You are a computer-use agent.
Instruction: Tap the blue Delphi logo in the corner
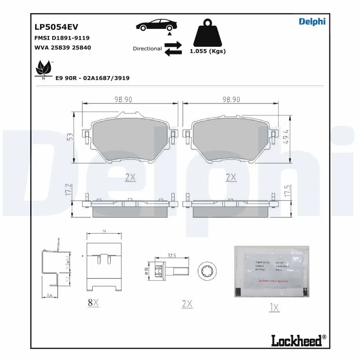pos(312,21)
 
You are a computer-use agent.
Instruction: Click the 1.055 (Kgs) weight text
pos(207,51)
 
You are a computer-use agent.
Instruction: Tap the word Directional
pos(147,49)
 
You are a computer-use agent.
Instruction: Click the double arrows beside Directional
pos(173,49)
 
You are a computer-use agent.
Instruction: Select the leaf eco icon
pos(44,69)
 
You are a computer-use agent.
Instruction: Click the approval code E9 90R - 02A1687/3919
pos(92,78)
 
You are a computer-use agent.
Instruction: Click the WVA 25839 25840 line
pos(63,47)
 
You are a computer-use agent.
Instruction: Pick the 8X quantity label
pos(93,302)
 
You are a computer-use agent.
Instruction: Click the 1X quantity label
pos(274,308)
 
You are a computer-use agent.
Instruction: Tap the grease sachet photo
pos(272,271)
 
